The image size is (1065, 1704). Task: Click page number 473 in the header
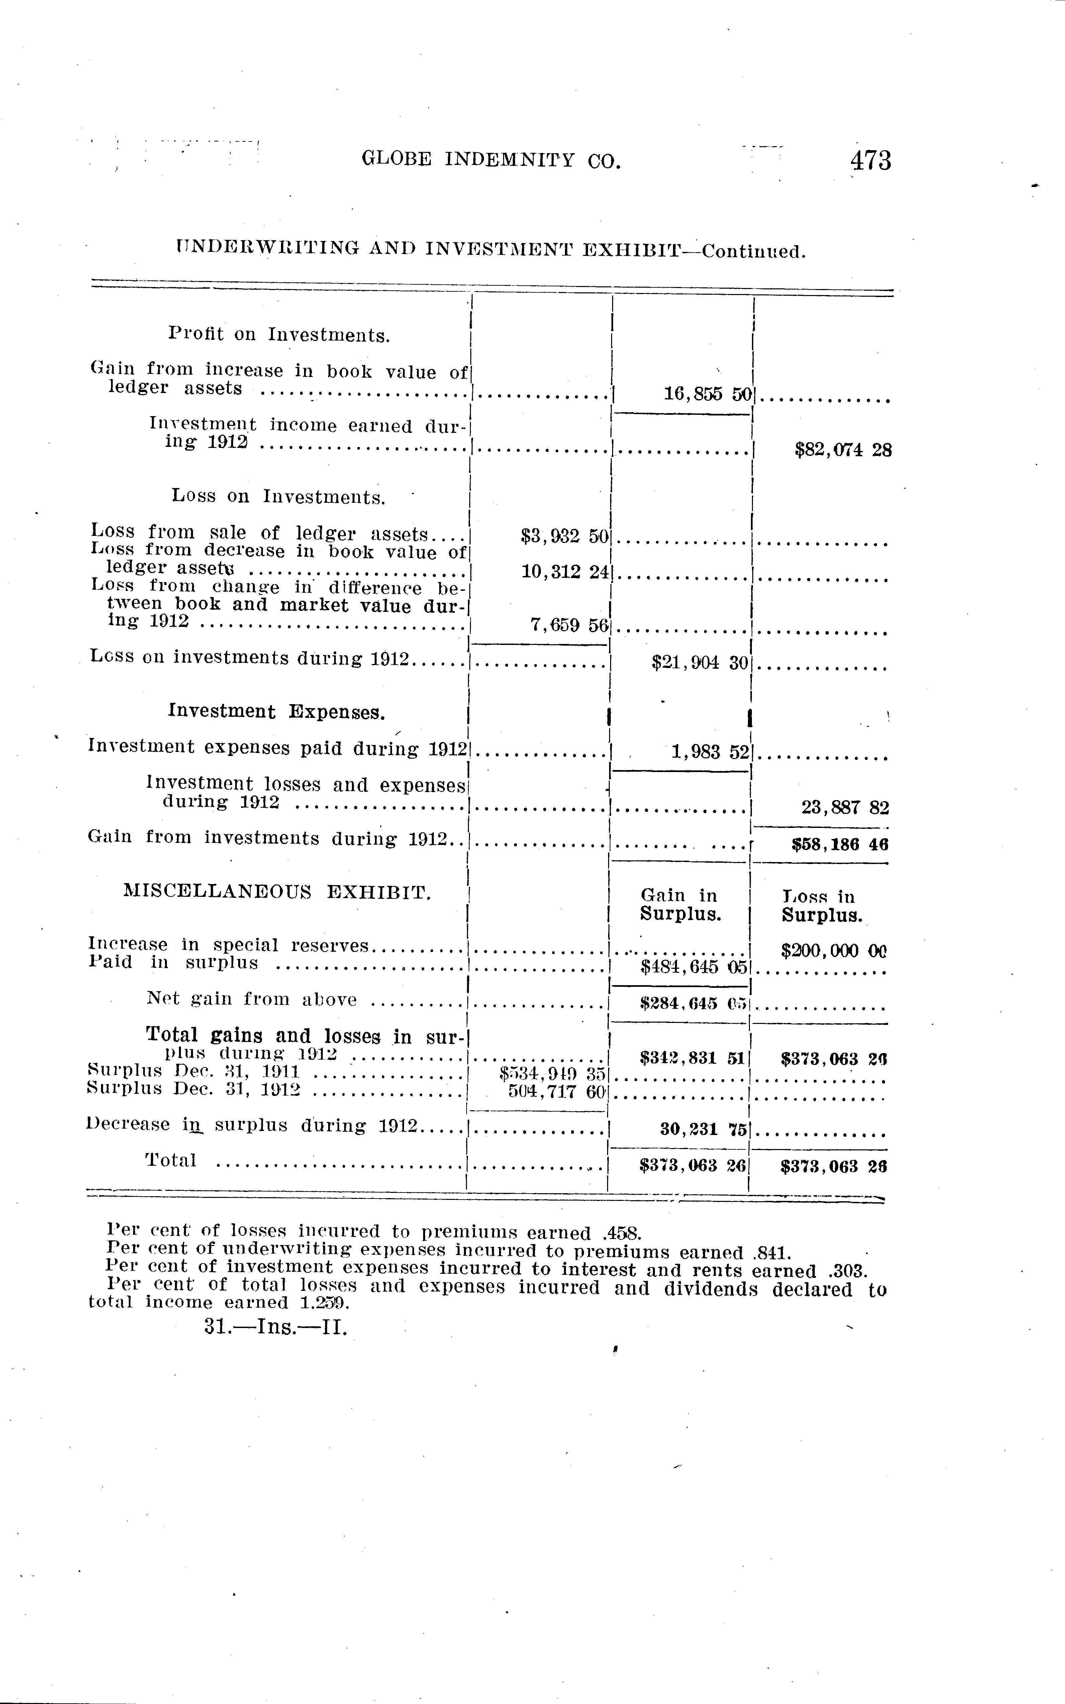(871, 161)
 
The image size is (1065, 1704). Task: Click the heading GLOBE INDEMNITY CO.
(492, 161)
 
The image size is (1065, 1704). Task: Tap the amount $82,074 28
(843, 450)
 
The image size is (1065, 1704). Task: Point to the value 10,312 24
(564, 572)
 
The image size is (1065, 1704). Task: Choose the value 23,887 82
(845, 807)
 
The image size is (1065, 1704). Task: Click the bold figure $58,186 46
(840, 844)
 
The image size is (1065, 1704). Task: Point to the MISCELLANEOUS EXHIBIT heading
(277, 892)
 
